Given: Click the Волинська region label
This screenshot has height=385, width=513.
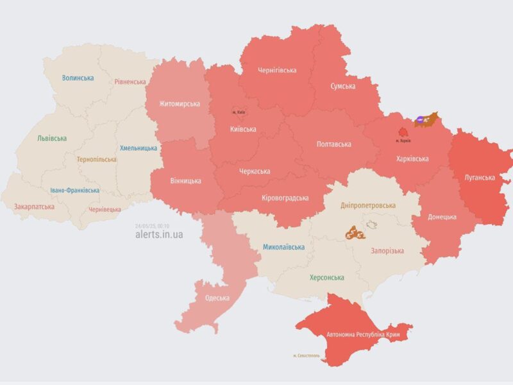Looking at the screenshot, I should pyautogui.click(x=78, y=78).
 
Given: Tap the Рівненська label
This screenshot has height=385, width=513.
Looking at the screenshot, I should pyautogui.click(x=131, y=82).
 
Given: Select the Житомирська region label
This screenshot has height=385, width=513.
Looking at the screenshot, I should pyautogui.click(x=180, y=104).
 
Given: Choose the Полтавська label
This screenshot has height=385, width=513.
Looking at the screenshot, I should pyautogui.click(x=333, y=144).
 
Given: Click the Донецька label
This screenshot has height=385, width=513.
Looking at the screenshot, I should pyautogui.click(x=442, y=217).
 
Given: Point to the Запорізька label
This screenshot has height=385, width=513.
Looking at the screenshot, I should pyautogui.click(x=387, y=251).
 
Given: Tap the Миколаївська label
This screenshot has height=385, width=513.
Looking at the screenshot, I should pyautogui.click(x=283, y=247).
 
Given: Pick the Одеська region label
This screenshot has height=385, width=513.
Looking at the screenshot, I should pyautogui.click(x=217, y=298).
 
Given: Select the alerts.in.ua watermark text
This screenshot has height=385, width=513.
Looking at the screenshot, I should pyautogui.click(x=159, y=235).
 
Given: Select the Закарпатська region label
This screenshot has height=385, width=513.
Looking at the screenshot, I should pyautogui.click(x=33, y=207).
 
